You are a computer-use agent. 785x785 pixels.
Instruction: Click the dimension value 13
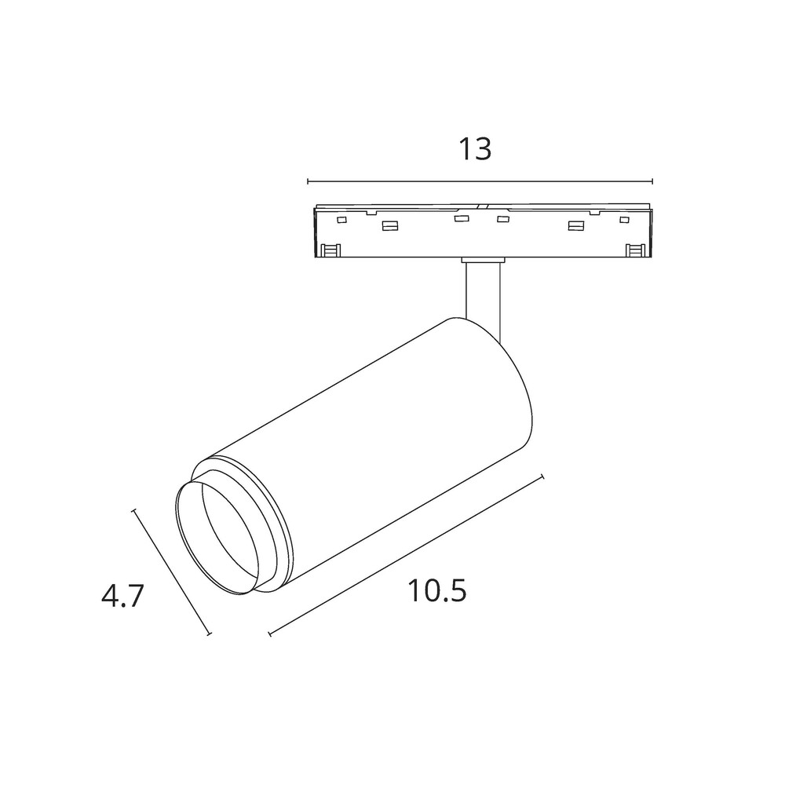pyautogui.click(x=475, y=148)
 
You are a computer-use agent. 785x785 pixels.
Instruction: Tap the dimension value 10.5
pyautogui.click(x=437, y=591)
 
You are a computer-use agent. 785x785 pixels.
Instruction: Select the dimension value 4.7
pyautogui.click(x=122, y=597)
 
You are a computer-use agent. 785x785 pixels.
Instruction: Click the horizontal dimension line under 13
pyautogui.click(x=479, y=181)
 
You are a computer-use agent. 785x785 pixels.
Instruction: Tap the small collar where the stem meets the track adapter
pyautogui.click(x=482, y=258)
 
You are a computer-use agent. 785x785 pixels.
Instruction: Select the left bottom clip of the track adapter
pyautogui.click(x=330, y=250)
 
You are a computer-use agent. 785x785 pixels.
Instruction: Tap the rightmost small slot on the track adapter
pyautogui.click(x=625, y=221)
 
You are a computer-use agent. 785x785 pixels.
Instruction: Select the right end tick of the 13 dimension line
pyautogui.click(x=652, y=181)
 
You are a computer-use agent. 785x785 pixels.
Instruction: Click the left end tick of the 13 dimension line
pyautogui.click(x=308, y=181)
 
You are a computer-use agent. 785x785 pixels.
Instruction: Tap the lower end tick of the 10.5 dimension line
pyautogui.click(x=269, y=633)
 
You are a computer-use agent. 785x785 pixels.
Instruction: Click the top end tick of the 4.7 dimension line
pyautogui.click(x=135, y=510)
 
